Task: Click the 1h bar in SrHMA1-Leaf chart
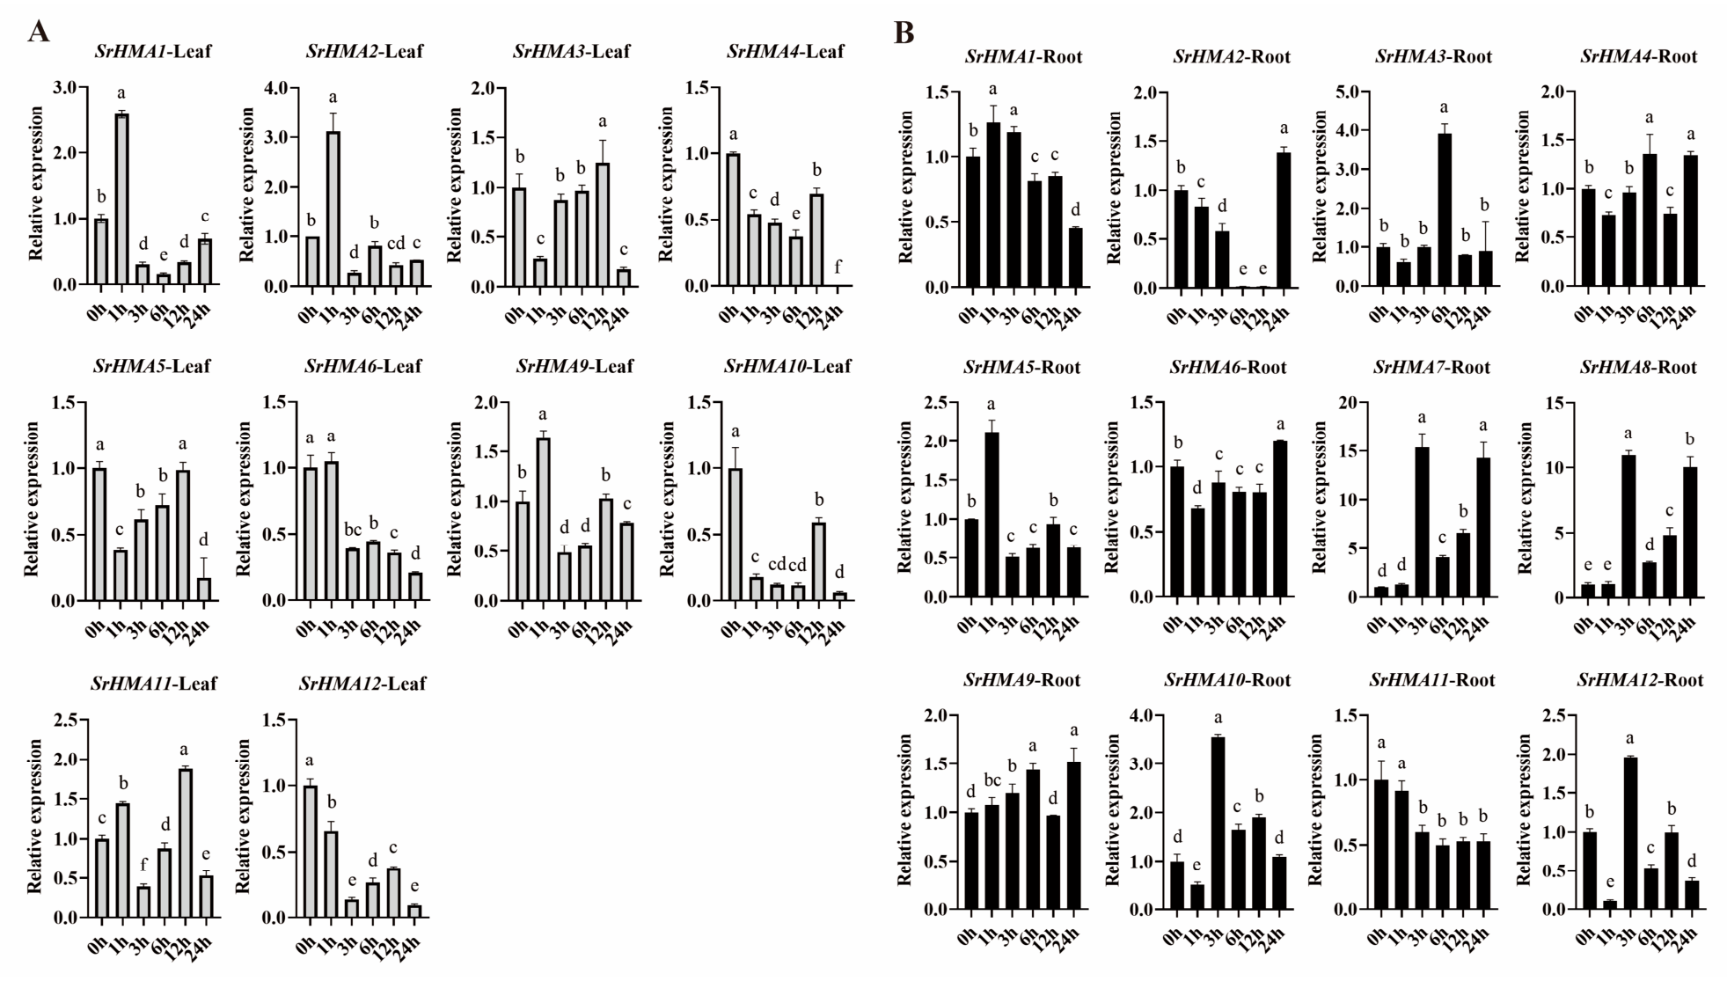[x=121, y=199]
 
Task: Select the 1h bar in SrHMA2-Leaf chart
[x=332, y=209]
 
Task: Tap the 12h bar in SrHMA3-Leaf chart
[x=603, y=224]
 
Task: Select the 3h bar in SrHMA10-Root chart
[x=1218, y=824]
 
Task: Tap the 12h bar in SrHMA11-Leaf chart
[x=186, y=843]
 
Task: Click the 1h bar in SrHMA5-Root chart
[x=992, y=516]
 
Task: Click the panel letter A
[x=39, y=32]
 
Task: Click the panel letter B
[x=904, y=33]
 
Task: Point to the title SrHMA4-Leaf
[x=786, y=52]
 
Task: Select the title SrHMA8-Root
[x=1638, y=367]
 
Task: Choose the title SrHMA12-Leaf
[x=362, y=684]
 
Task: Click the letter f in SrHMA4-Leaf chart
[x=838, y=267]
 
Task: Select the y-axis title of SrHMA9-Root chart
[x=905, y=812]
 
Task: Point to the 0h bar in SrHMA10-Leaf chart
[x=735, y=535]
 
